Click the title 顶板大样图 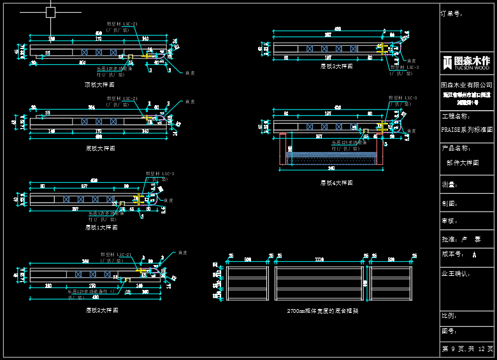click(99, 85)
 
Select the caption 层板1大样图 click(102, 227)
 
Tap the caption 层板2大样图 click(102, 310)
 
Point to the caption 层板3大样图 click(336, 66)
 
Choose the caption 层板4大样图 click(336, 183)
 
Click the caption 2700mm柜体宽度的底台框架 click(322, 311)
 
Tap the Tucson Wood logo click(467, 62)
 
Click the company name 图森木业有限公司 click(467, 85)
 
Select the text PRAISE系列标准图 click(467, 129)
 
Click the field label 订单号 click(452, 13)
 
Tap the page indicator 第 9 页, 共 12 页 click(467, 349)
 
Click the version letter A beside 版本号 click(475, 254)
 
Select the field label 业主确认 click(456, 273)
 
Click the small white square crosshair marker click(51, 12)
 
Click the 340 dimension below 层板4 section click(331, 169)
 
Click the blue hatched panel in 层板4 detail click(331, 155)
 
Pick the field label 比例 click(449, 315)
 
